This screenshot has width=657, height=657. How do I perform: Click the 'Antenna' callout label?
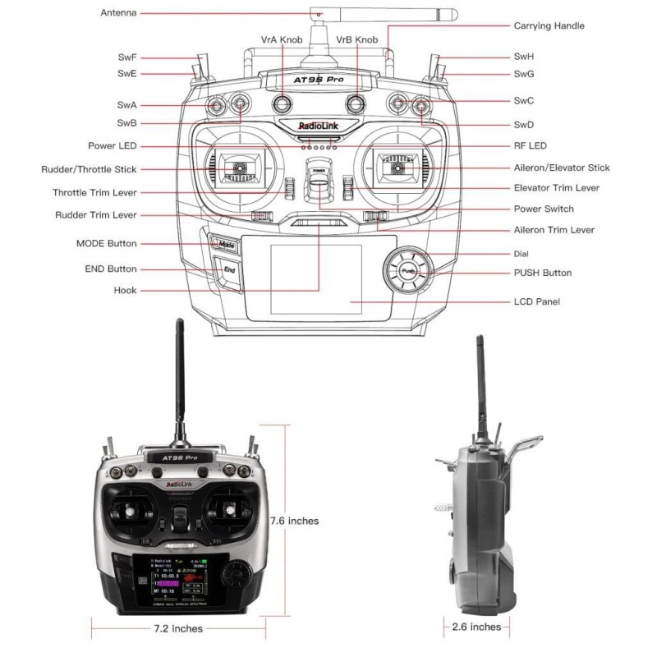pos(119,13)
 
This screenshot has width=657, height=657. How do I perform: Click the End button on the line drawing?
pos(228,269)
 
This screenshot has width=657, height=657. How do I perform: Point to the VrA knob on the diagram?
pos(282,103)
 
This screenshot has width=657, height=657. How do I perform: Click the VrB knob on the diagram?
pos(356,103)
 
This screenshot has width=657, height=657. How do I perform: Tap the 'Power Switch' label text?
pos(544,209)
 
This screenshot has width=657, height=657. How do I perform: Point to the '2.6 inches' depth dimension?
pos(476,627)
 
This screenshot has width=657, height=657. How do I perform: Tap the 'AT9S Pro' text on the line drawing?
pos(318,80)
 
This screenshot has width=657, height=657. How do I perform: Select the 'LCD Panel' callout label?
pos(536,302)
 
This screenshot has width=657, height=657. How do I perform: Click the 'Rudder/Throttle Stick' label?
pos(89,169)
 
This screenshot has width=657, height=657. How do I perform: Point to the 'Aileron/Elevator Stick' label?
pos(562,168)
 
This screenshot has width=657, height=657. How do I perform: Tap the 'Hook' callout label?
pos(126,291)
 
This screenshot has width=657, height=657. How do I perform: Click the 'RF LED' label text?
pos(530,145)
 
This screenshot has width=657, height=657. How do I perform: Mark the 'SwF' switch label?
pos(126,57)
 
